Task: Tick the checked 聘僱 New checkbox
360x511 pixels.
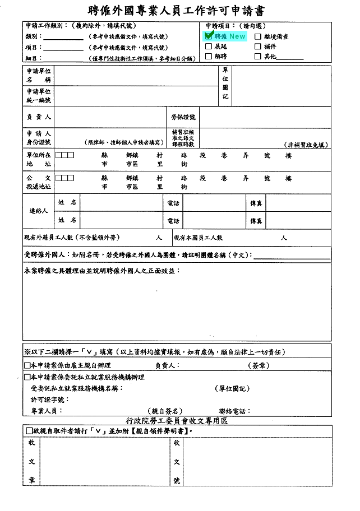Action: (209, 36)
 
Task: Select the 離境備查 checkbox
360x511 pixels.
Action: (258, 36)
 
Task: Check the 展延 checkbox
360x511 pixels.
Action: (209, 47)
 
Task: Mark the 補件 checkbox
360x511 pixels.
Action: (258, 47)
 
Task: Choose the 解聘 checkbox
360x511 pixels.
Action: (209, 56)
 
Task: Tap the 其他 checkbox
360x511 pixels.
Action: (258, 56)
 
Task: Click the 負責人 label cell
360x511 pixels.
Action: (39, 117)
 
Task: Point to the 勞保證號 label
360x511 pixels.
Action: (183, 117)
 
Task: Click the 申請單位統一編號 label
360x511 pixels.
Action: (39, 96)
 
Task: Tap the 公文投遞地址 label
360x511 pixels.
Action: (39, 182)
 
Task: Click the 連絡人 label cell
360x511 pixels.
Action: (39, 211)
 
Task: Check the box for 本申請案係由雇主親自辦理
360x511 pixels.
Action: (27, 365)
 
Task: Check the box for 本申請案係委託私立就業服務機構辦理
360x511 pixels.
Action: (27, 377)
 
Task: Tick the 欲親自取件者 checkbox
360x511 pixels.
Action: (29, 431)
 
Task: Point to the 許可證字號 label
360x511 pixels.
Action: (50, 399)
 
